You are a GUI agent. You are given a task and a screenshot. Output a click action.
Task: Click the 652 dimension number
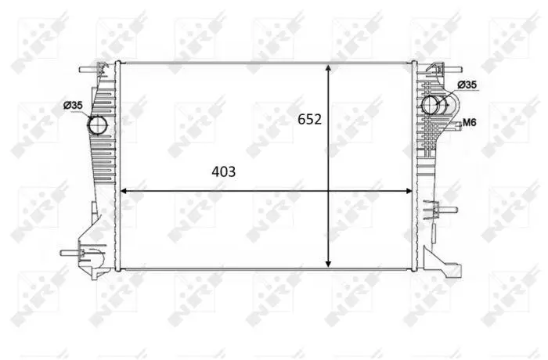pyautogui.click(x=309, y=120)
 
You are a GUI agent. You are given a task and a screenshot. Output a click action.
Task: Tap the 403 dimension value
pyautogui.click(x=224, y=171)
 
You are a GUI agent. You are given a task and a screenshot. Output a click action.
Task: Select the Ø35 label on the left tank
pyautogui.click(x=73, y=105)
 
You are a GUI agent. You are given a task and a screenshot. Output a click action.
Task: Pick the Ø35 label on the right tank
pyautogui.click(x=467, y=85)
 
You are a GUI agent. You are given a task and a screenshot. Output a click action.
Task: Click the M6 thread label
pyautogui.click(x=470, y=122)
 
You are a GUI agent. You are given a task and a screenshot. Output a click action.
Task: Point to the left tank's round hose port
pyautogui.click(x=98, y=125)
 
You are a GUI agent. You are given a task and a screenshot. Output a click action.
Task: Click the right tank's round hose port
pyautogui.click(x=431, y=105)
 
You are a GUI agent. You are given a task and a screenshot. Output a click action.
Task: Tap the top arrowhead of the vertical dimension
pyautogui.click(x=328, y=68)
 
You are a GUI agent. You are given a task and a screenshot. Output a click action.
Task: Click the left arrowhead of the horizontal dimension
pyautogui.click(x=124, y=191)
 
